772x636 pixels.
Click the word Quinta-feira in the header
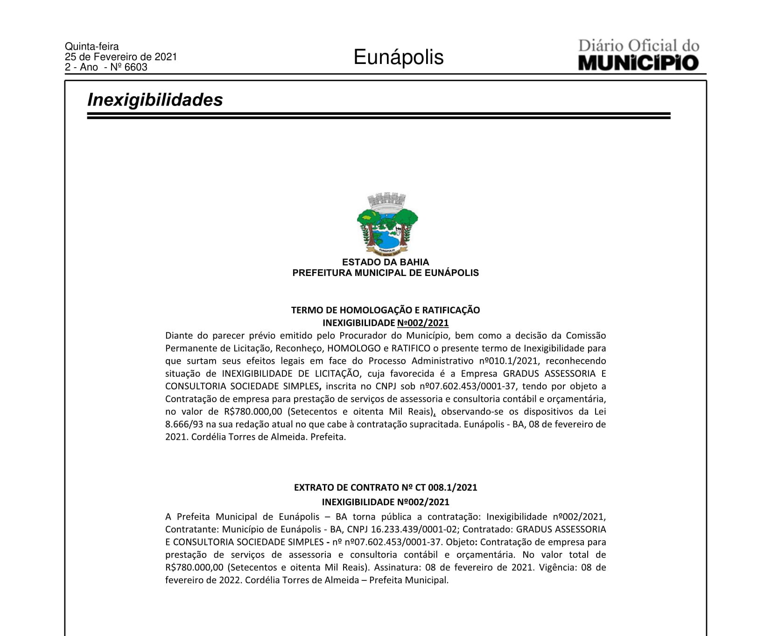91,47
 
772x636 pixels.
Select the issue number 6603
136,67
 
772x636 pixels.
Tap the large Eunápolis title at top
398,57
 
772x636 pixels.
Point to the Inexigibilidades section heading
155,100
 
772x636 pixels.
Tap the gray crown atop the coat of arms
386,200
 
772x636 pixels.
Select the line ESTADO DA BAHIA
386,262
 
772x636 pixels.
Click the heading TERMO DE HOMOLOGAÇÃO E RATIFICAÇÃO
386,310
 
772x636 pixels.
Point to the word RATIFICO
411,348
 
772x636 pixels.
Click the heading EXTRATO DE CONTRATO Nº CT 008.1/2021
386,488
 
